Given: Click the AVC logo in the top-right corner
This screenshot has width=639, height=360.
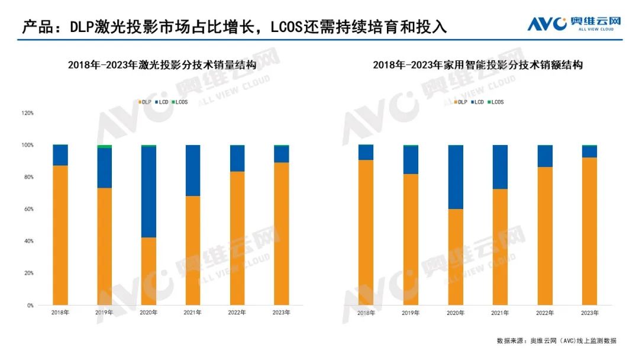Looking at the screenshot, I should tap(574, 24).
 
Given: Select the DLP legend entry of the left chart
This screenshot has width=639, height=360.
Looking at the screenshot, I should tap(145, 102).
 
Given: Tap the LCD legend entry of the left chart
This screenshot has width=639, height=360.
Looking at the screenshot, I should tap(162, 102).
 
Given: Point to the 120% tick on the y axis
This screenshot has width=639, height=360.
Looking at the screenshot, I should tap(27, 112).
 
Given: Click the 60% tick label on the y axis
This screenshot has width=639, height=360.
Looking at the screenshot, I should tap(28, 209).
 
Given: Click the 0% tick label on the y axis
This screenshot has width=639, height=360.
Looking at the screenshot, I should tap(30, 306).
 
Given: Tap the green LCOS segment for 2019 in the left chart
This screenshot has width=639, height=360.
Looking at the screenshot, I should tap(104, 146).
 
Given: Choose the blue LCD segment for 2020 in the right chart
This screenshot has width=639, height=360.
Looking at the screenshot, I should tap(456, 176).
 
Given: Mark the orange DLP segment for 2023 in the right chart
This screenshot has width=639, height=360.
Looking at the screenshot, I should tap(589, 231).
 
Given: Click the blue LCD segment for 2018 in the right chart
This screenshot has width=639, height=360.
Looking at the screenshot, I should tap(366, 152).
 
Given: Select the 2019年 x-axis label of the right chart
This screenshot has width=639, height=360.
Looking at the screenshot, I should tap(411, 313).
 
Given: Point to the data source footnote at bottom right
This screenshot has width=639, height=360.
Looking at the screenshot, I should tap(556, 341).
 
